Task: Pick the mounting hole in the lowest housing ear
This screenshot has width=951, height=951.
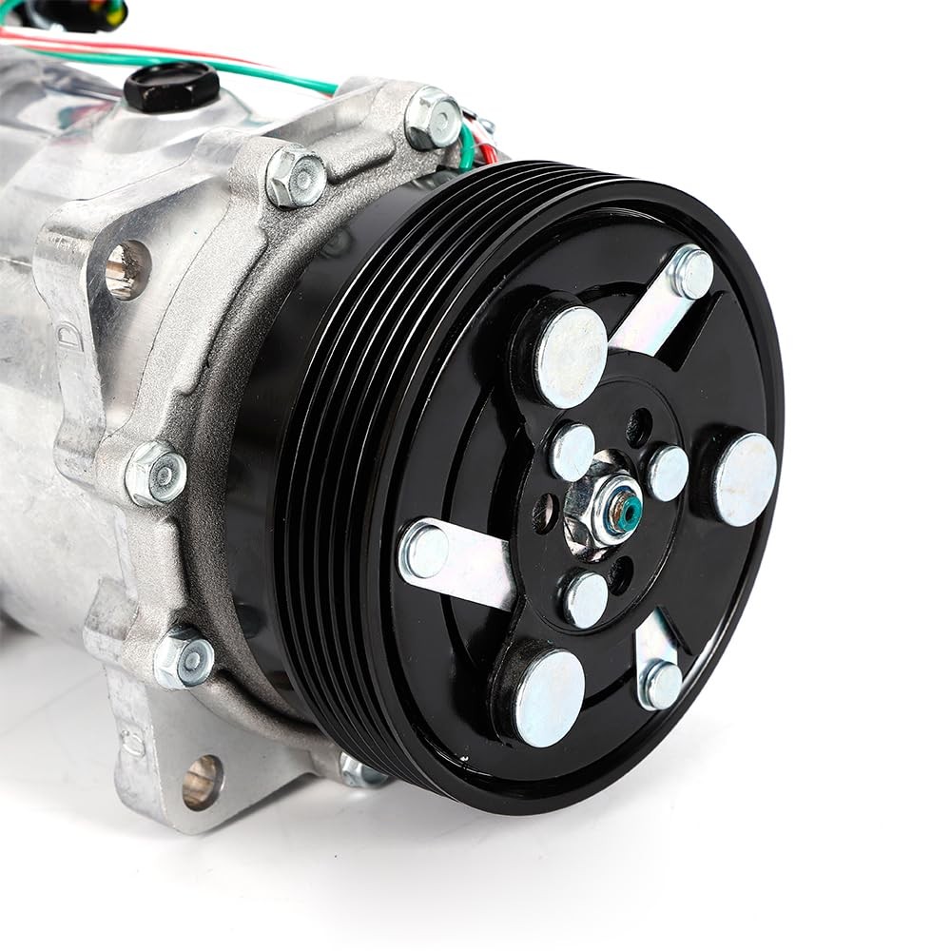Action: (x=202, y=782)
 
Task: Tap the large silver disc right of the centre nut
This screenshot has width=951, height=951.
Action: (x=745, y=479)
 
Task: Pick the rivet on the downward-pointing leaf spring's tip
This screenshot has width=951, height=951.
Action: (x=660, y=684)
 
